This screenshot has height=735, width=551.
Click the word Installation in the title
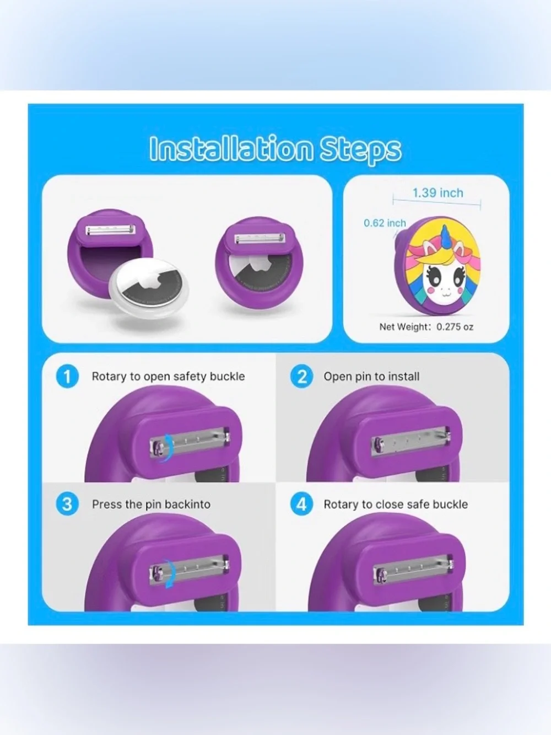click(231, 148)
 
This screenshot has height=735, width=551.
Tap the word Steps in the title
click(361, 151)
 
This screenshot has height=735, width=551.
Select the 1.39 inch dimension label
click(437, 193)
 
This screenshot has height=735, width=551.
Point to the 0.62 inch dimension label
click(385, 223)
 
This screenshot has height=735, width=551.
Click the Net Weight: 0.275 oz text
click(426, 327)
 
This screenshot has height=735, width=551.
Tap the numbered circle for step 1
click(67, 377)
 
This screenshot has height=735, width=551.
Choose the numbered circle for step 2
click(302, 377)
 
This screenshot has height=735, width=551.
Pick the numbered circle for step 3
click(67, 504)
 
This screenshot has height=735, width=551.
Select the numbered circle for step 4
click(302, 504)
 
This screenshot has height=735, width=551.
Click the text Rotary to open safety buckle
click(168, 377)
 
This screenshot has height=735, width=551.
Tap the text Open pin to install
click(371, 377)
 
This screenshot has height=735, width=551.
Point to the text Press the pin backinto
click(151, 505)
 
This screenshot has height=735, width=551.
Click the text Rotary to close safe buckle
click(396, 505)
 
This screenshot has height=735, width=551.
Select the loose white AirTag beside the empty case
click(149, 287)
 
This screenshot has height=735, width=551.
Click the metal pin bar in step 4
click(413, 569)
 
